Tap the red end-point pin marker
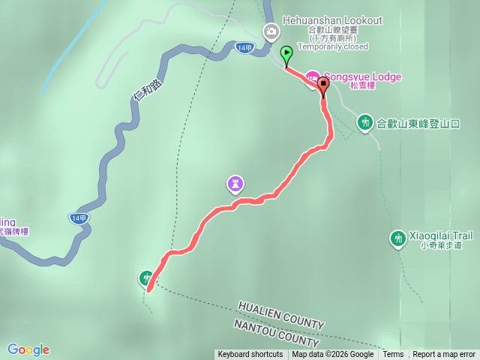[x=323, y=84]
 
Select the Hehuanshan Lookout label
[x=333, y=20]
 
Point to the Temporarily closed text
[x=333, y=46]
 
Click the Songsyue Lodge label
[x=362, y=76]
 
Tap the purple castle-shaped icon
[x=235, y=182]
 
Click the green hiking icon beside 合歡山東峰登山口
[x=364, y=121]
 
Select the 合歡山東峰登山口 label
[x=418, y=123]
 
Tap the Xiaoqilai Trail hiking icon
[x=397, y=238]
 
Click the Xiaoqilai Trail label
[x=441, y=235]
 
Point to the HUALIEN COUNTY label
[x=281, y=315]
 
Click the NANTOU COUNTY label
[x=271, y=331]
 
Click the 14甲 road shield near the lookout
[x=244, y=47]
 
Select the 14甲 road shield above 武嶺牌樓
[x=79, y=217]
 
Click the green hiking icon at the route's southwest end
[x=146, y=278]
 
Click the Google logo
[x=28, y=349]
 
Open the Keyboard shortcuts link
[x=250, y=355]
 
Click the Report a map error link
[x=444, y=355]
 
